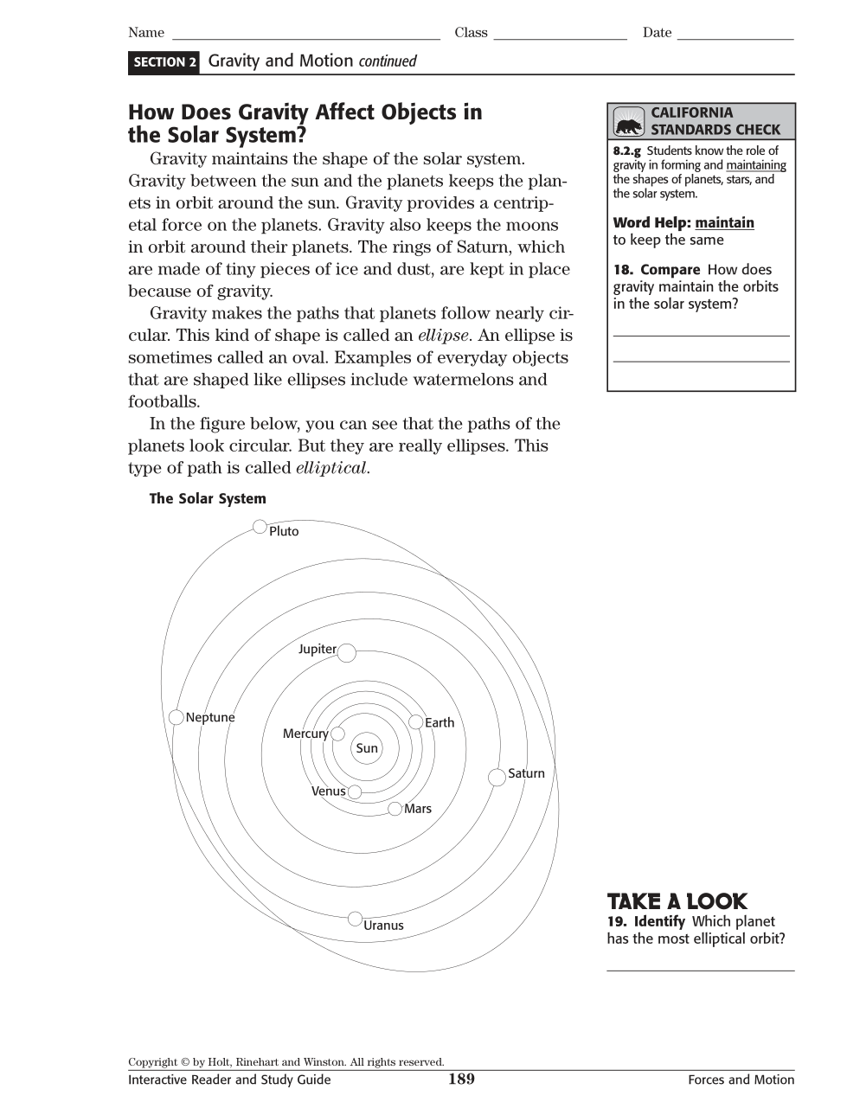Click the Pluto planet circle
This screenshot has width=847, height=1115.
pos(260,527)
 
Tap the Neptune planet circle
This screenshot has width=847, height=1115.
pos(176,717)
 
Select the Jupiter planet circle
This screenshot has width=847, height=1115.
pos(346,652)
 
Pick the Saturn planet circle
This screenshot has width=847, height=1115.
pos(497,777)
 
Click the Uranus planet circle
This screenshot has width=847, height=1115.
pos(355,919)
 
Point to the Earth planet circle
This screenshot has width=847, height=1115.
pos(416,722)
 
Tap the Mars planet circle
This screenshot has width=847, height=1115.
pos(395,809)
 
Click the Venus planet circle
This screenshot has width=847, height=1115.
pos(355,791)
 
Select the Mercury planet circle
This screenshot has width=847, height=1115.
pos(337,734)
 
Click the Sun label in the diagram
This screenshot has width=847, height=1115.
pos(367,748)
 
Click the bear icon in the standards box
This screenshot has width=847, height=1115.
pos(629,122)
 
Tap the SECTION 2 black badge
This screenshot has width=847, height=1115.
pos(164,62)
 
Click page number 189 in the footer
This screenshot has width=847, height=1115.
pos(461,1079)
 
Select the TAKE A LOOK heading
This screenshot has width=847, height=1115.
pos(677,901)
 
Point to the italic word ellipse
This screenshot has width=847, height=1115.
pos(443,336)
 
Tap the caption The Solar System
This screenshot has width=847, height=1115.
pos(208,499)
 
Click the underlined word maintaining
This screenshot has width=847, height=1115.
pos(755,165)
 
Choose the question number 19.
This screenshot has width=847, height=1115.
pos(616,922)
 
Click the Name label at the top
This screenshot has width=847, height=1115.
pos(146,33)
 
